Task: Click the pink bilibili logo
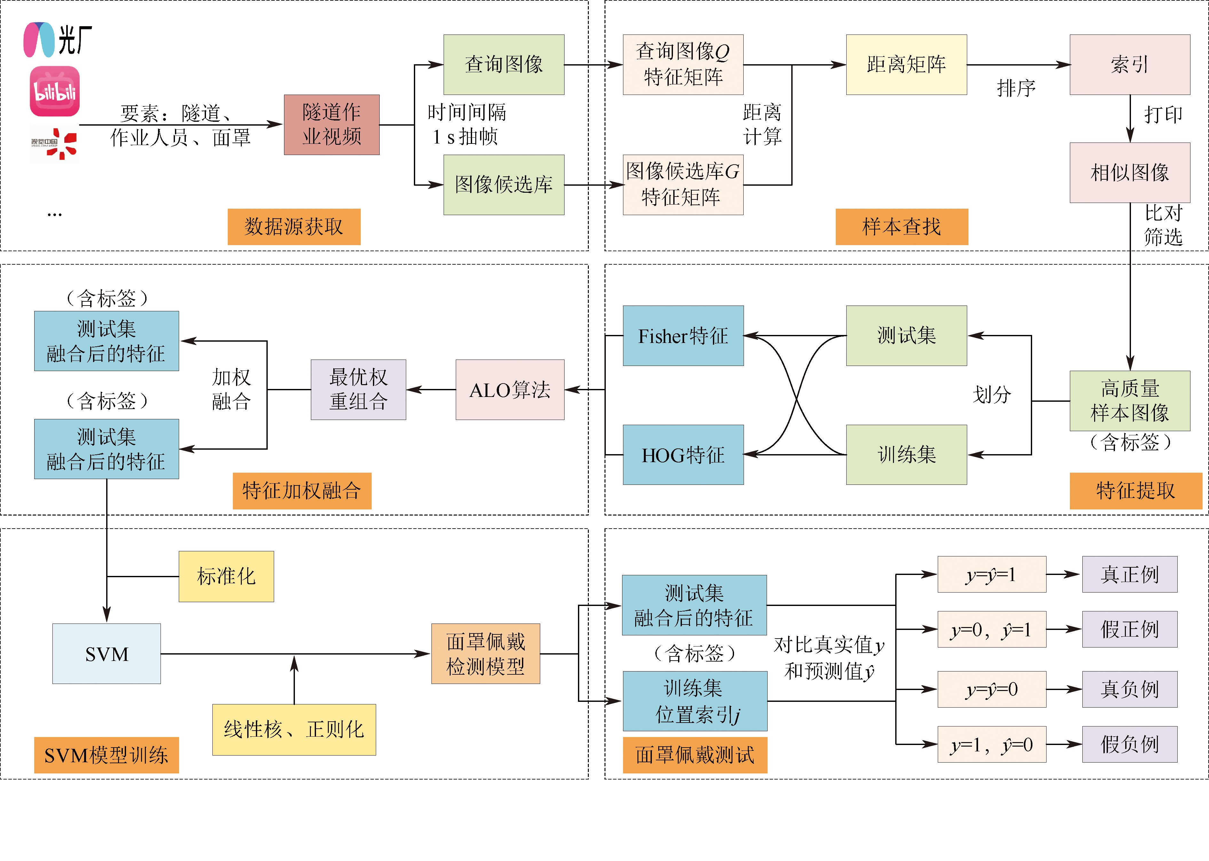[x=55, y=91]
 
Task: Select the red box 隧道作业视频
[x=332, y=125]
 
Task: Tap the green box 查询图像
[x=503, y=65]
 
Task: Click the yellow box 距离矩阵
[x=906, y=65]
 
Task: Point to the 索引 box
[x=1129, y=65]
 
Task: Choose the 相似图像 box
[x=1129, y=172]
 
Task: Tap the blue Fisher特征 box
[x=683, y=336]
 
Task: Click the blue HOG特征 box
[x=683, y=455]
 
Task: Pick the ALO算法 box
[x=510, y=390]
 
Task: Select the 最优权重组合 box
[x=358, y=390]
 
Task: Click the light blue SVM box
[x=107, y=654]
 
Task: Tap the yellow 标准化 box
[x=226, y=576]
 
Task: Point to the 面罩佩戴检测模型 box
[x=486, y=654]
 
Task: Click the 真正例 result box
[x=1129, y=574]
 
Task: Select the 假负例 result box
[x=1129, y=744]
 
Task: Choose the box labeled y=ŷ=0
[x=992, y=689]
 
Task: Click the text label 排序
[x=1016, y=88]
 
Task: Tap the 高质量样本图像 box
[x=1129, y=401]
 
